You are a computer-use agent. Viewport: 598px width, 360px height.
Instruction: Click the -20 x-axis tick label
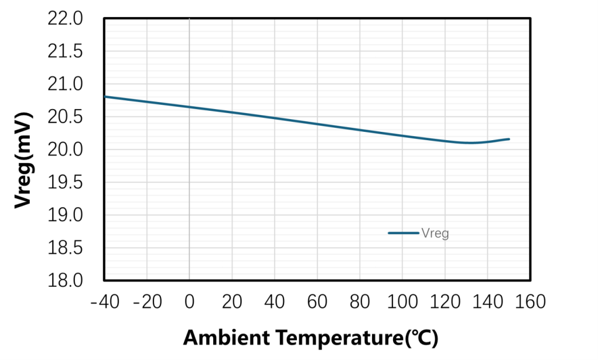click(147, 302)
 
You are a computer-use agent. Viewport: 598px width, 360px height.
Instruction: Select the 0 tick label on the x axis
click(189, 302)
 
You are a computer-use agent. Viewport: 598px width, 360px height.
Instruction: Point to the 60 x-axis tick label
click(317, 302)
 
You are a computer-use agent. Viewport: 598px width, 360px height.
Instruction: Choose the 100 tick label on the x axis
click(403, 302)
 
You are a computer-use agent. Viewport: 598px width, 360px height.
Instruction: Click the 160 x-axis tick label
click(530, 302)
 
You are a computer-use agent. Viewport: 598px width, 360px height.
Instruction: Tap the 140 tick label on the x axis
click(488, 302)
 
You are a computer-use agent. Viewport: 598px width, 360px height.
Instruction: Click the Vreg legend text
click(435, 233)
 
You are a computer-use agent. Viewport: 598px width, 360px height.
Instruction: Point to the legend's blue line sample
click(403, 233)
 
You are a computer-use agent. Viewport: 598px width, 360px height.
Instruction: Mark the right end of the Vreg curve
click(509, 139)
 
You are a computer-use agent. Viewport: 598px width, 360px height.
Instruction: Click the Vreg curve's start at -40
click(105, 97)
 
